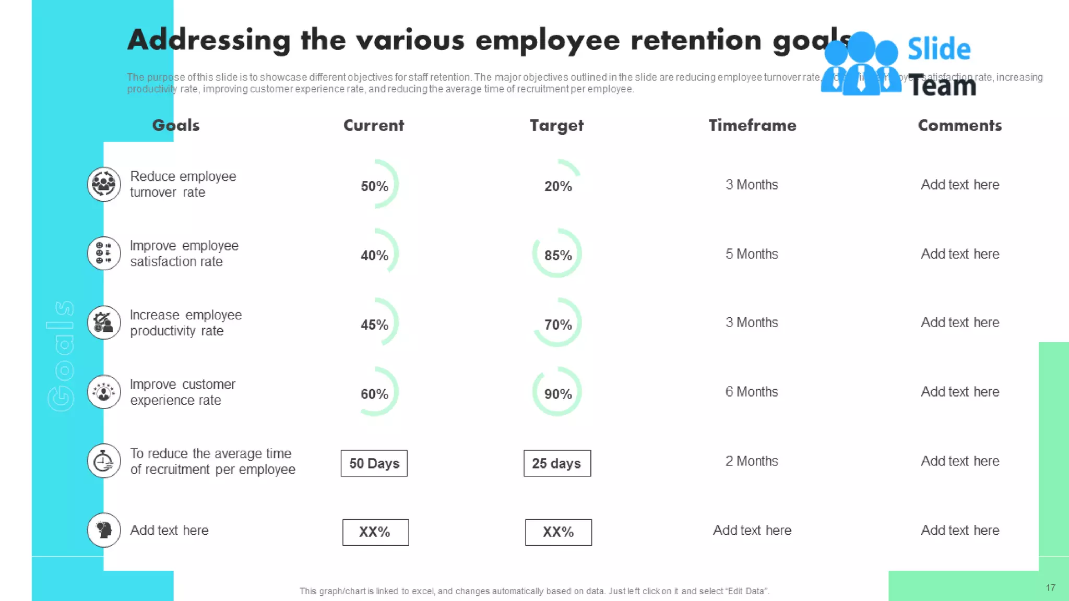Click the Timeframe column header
tap(752, 125)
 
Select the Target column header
tap(556, 125)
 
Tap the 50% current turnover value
tap(374, 186)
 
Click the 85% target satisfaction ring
tap(557, 255)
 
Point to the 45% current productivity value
tap(374, 324)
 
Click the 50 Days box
tap(374, 463)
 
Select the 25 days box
tap(557, 463)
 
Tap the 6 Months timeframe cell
tap(751, 392)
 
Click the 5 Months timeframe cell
tap(751, 254)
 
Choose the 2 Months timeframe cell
tap(751, 461)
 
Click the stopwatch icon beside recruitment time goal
tap(104, 461)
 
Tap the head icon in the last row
tap(104, 530)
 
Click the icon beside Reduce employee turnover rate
tap(104, 184)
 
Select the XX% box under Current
tap(375, 532)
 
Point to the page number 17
tap(1050, 588)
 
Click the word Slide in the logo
tap(939, 49)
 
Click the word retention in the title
tap(696, 40)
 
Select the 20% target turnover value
tap(557, 186)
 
